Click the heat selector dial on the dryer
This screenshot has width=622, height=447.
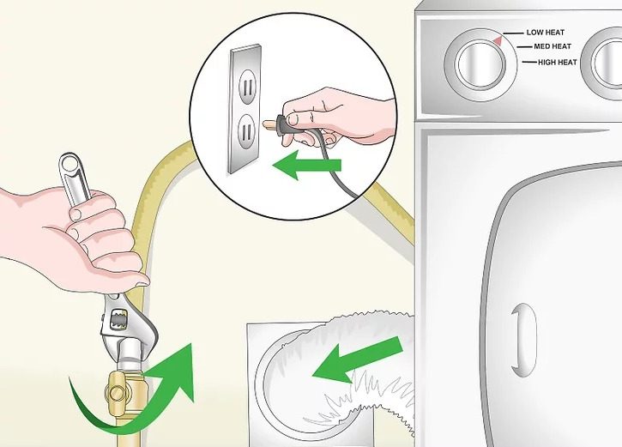(x=478, y=63)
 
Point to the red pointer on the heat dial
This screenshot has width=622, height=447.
(x=498, y=39)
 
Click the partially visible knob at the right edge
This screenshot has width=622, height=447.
(x=604, y=63)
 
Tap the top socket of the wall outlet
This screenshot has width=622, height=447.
(x=245, y=87)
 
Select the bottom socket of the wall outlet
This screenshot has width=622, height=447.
(x=245, y=132)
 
